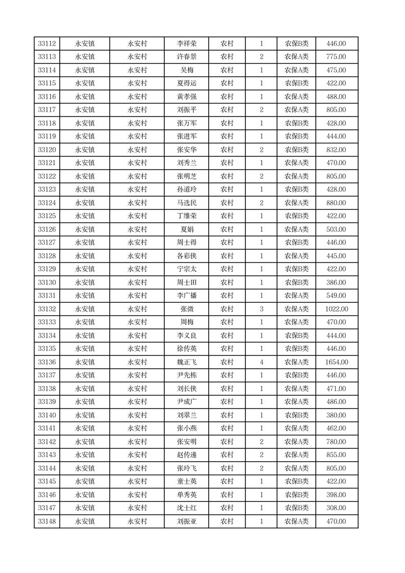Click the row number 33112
[47, 44]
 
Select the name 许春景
[187, 57]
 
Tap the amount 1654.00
[336, 362]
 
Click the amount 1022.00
[336, 309]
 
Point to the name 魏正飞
[187, 362]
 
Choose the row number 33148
[47, 521]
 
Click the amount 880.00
[336, 203]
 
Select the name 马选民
[187, 203]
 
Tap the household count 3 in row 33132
[262, 309]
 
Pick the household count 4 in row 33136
[262, 362]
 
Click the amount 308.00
[336, 508]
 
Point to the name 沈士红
[187, 508]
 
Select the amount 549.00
[336, 296]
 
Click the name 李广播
[187, 296]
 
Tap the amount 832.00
[336, 150]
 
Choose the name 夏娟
[187, 229]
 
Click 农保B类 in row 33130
[296, 282]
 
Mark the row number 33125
[47, 216]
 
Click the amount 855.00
[336, 455]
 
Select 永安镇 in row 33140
[85, 415]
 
